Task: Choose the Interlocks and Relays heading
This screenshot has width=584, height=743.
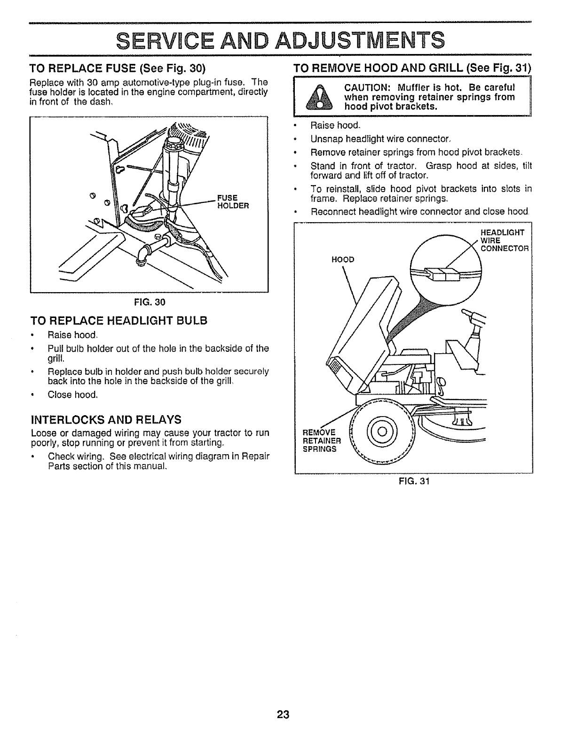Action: (99, 418)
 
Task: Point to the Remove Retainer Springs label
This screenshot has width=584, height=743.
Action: (319, 440)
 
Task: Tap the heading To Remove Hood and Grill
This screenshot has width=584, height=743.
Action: (412, 69)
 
